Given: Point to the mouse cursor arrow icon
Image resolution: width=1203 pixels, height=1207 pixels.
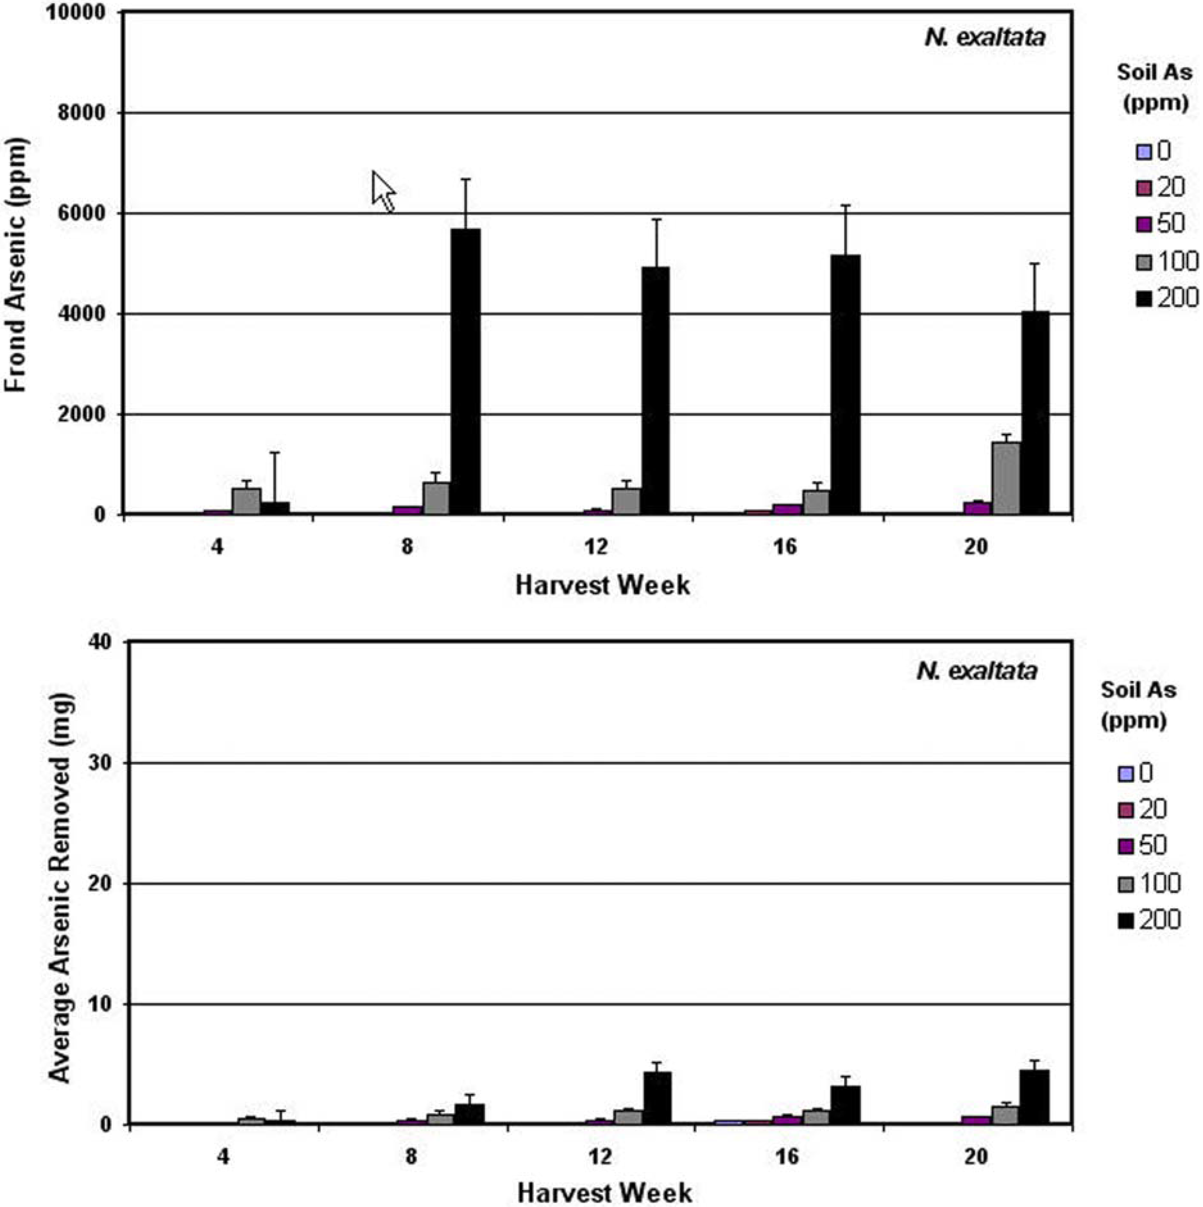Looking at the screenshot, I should [x=382, y=191].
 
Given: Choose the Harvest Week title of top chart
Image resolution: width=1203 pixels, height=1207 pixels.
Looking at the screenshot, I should [x=603, y=586].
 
